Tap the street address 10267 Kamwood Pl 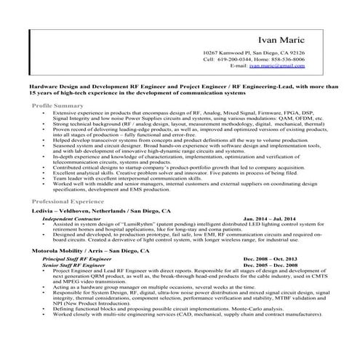point(228,54)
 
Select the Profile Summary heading point(57,105)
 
